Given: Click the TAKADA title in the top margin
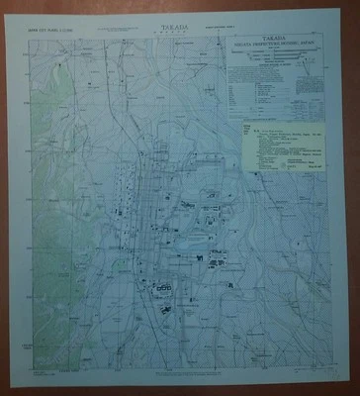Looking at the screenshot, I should (x=179, y=32).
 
